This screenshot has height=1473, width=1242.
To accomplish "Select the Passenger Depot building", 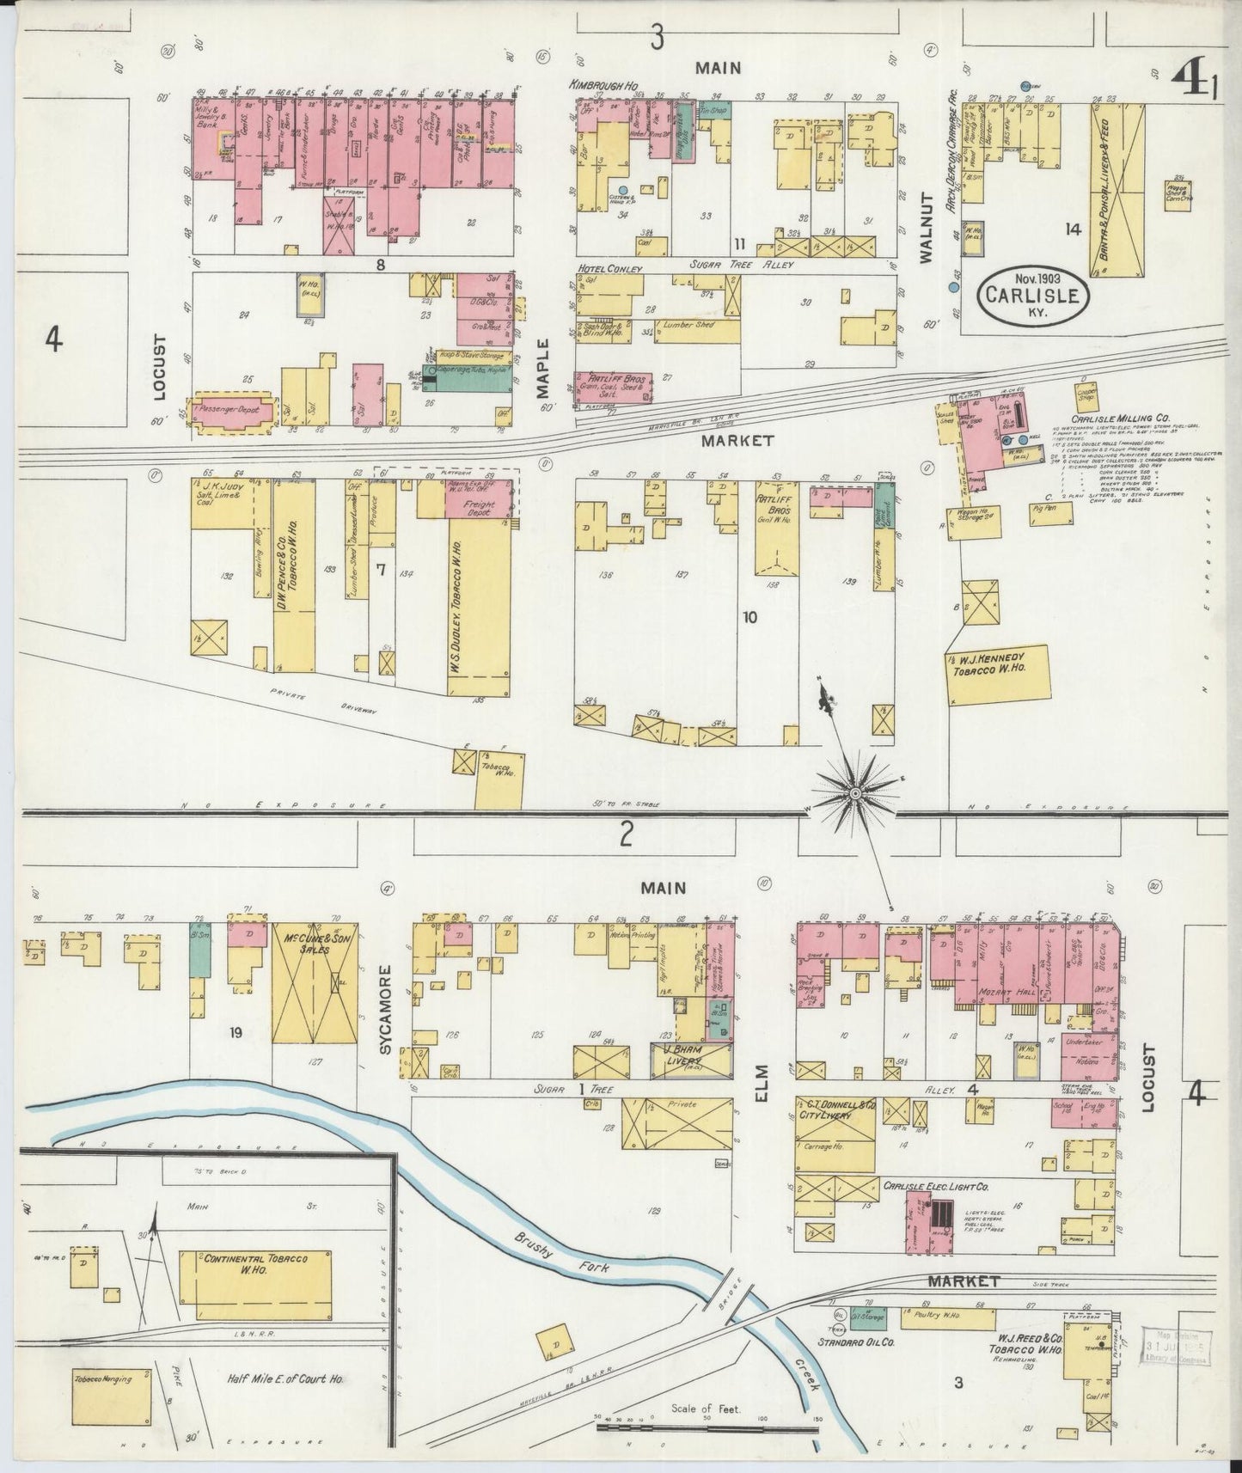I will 235,412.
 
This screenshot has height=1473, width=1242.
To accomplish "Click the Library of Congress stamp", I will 1178,1351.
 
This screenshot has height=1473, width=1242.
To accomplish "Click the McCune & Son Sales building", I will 315,984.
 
